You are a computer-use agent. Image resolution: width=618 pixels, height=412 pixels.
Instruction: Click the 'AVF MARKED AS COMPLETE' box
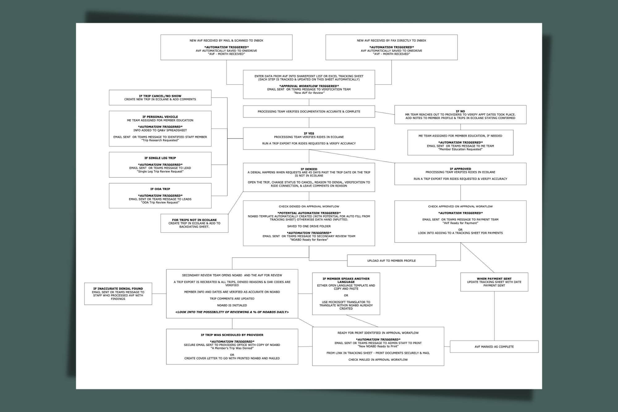(494, 346)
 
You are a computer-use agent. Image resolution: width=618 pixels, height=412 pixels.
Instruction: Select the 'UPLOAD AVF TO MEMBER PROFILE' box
(392, 261)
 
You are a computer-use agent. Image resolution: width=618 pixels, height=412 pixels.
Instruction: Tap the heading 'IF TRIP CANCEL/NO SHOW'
(160, 96)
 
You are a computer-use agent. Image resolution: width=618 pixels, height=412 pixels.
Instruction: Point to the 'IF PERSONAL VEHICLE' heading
(160, 117)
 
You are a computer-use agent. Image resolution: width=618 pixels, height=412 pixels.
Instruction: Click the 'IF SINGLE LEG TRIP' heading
(160, 158)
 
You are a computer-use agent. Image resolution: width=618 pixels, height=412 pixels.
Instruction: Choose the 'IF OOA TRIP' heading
(160, 189)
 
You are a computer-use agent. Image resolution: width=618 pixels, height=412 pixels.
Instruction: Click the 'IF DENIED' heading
(309, 169)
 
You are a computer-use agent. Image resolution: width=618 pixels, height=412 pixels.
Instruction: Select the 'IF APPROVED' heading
(460, 169)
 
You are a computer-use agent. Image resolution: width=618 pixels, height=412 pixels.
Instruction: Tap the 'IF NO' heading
(460, 111)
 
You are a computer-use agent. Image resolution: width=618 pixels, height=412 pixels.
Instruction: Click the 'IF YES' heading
(309, 134)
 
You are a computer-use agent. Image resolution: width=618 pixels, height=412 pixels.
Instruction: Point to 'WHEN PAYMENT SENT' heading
(494, 279)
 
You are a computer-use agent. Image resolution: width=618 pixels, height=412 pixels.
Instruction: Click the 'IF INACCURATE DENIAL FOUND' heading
(118, 289)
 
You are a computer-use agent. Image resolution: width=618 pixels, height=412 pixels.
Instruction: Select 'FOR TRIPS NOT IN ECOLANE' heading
(194, 220)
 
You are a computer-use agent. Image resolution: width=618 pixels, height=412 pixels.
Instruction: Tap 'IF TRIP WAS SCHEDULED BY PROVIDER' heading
(232, 335)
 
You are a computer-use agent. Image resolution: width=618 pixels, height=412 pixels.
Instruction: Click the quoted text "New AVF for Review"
(309, 93)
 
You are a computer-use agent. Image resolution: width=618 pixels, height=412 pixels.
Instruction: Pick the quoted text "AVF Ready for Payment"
(460, 223)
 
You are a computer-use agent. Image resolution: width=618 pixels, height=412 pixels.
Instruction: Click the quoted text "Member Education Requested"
(460, 149)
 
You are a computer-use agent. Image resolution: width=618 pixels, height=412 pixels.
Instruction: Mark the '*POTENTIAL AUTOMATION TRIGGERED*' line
(309, 213)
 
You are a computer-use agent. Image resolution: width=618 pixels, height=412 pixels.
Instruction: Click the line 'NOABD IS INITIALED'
(232, 305)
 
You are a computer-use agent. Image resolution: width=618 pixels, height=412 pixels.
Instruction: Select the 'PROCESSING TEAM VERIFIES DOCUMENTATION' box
(309, 112)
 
